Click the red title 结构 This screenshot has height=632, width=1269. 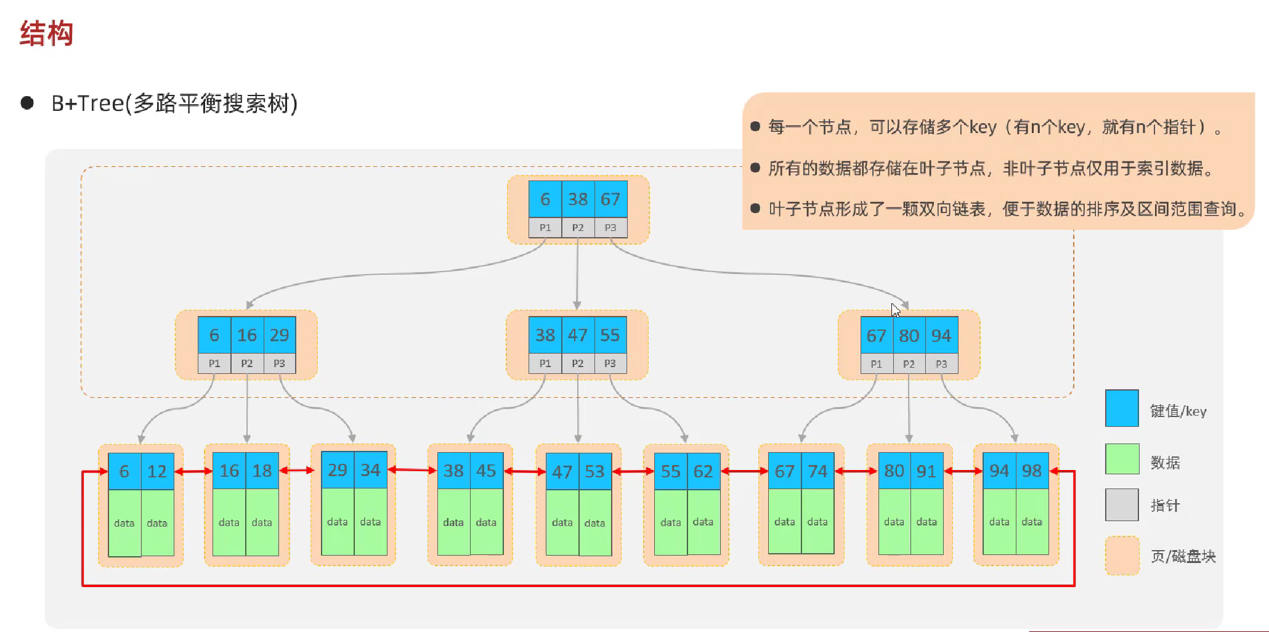[47, 33]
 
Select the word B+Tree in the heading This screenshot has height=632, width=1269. [87, 103]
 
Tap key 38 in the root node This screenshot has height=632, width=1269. [578, 199]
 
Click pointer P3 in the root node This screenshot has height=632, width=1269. [610, 228]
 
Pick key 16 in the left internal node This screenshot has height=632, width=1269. [247, 335]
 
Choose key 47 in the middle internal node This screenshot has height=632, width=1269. [578, 335]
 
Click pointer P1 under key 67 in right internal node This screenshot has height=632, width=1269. [876, 364]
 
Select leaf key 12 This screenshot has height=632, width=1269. [157, 472]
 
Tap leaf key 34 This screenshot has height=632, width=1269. [370, 470]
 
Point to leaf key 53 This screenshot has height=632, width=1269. [594, 472]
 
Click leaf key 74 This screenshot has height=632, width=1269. [817, 472]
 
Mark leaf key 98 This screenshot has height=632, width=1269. [1032, 471]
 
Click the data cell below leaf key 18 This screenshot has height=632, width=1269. [262, 522]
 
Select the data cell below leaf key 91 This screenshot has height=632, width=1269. [926, 522]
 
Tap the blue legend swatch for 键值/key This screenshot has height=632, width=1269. [1122, 408]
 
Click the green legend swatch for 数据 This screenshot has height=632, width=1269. [1122, 459]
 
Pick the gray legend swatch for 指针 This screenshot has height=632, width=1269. [1122, 504]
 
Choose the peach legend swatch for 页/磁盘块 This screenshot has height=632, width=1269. [1122, 556]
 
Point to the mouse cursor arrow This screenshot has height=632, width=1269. [895, 310]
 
